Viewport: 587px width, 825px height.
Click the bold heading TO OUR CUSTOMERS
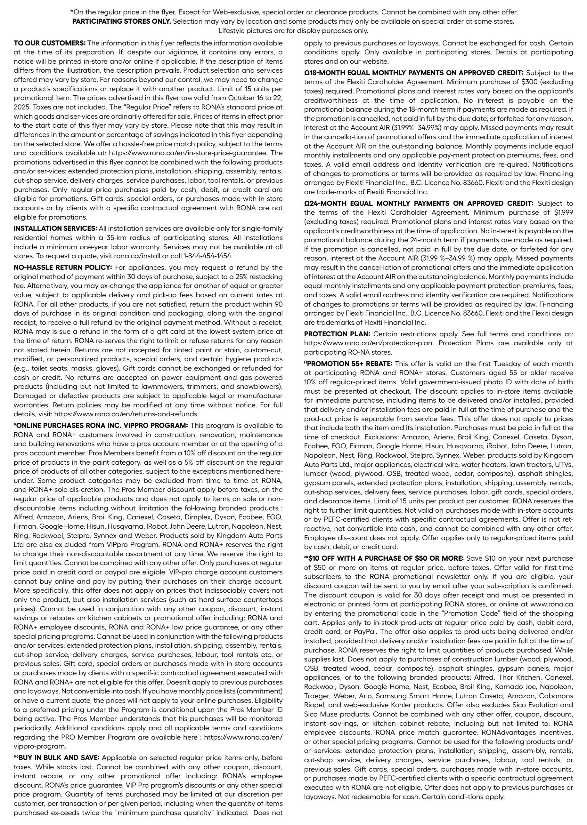50,43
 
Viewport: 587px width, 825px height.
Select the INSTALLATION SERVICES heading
55,228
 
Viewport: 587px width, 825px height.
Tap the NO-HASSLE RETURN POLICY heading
62,267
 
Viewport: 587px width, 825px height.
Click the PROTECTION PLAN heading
337,334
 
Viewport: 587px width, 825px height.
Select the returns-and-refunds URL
126,414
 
